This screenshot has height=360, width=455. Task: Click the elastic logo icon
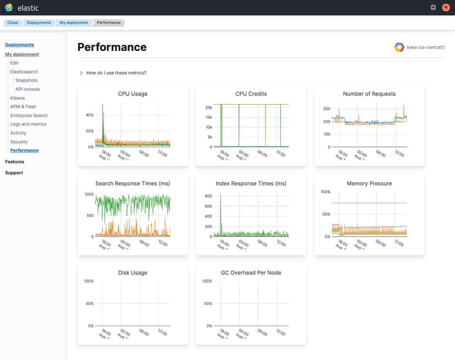click(9, 7)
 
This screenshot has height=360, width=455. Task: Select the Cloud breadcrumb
click(13, 23)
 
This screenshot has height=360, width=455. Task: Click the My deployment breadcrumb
click(74, 23)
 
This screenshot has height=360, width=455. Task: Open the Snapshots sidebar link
click(26, 80)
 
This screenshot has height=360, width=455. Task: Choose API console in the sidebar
click(27, 89)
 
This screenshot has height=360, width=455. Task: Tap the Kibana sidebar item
click(17, 98)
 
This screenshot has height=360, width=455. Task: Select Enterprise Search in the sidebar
click(29, 116)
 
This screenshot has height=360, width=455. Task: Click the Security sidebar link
click(19, 142)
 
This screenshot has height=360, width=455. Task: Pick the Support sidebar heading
click(14, 173)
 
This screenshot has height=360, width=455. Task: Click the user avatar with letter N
click(446, 7)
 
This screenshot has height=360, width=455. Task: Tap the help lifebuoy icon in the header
click(433, 7)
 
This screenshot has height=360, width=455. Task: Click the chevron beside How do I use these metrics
click(81, 73)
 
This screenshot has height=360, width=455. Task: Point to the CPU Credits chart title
click(251, 94)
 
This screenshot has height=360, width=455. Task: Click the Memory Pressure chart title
click(369, 184)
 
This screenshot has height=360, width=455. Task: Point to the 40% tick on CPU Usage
click(90, 115)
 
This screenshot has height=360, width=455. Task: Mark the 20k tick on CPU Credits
click(209, 107)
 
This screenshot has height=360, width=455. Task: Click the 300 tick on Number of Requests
click(327, 109)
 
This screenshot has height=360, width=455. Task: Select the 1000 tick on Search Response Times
click(89, 195)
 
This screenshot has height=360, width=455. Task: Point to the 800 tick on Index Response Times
click(208, 196)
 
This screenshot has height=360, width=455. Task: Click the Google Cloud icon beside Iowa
click(399, 47)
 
